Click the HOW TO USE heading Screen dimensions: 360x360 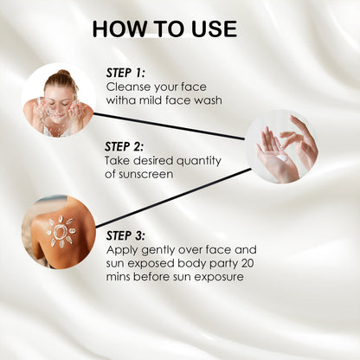click(164, 29)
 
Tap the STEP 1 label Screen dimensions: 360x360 click(125, 74)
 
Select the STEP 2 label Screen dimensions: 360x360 click(126, 147)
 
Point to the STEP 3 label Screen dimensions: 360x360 click(126, 235)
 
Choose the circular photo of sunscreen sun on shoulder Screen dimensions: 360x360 click(59, 231)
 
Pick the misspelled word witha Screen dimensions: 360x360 click(122, 100)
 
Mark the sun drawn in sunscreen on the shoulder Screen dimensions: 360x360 click(61, 231)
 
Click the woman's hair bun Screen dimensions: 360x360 click(63, 74)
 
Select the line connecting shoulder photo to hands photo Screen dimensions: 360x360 click(173, 197)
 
